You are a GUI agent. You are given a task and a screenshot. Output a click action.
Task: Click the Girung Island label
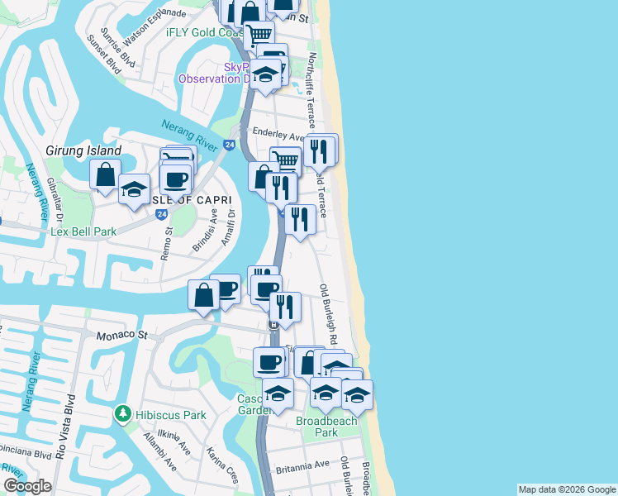(x=83, y=151)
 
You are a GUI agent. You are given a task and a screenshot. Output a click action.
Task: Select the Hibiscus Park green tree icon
(x=122, y=412)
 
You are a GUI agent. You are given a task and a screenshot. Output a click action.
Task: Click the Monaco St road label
(x=121, y=336)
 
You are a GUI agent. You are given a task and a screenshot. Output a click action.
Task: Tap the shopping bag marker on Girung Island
(x=106, y=174)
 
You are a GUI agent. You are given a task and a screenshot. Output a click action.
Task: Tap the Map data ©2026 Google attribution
(x=567, y=489)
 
